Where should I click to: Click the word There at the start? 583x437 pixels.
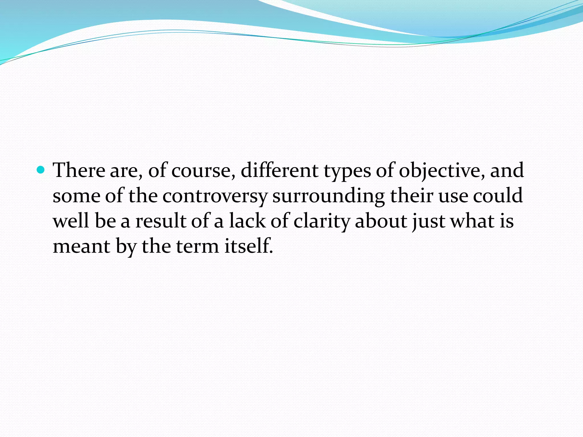(79, 170)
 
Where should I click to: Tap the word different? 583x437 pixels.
(279, 170)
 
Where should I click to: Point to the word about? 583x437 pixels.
(381, 221)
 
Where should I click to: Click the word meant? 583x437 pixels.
(81, 246)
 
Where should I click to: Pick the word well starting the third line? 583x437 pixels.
(71, 221)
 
